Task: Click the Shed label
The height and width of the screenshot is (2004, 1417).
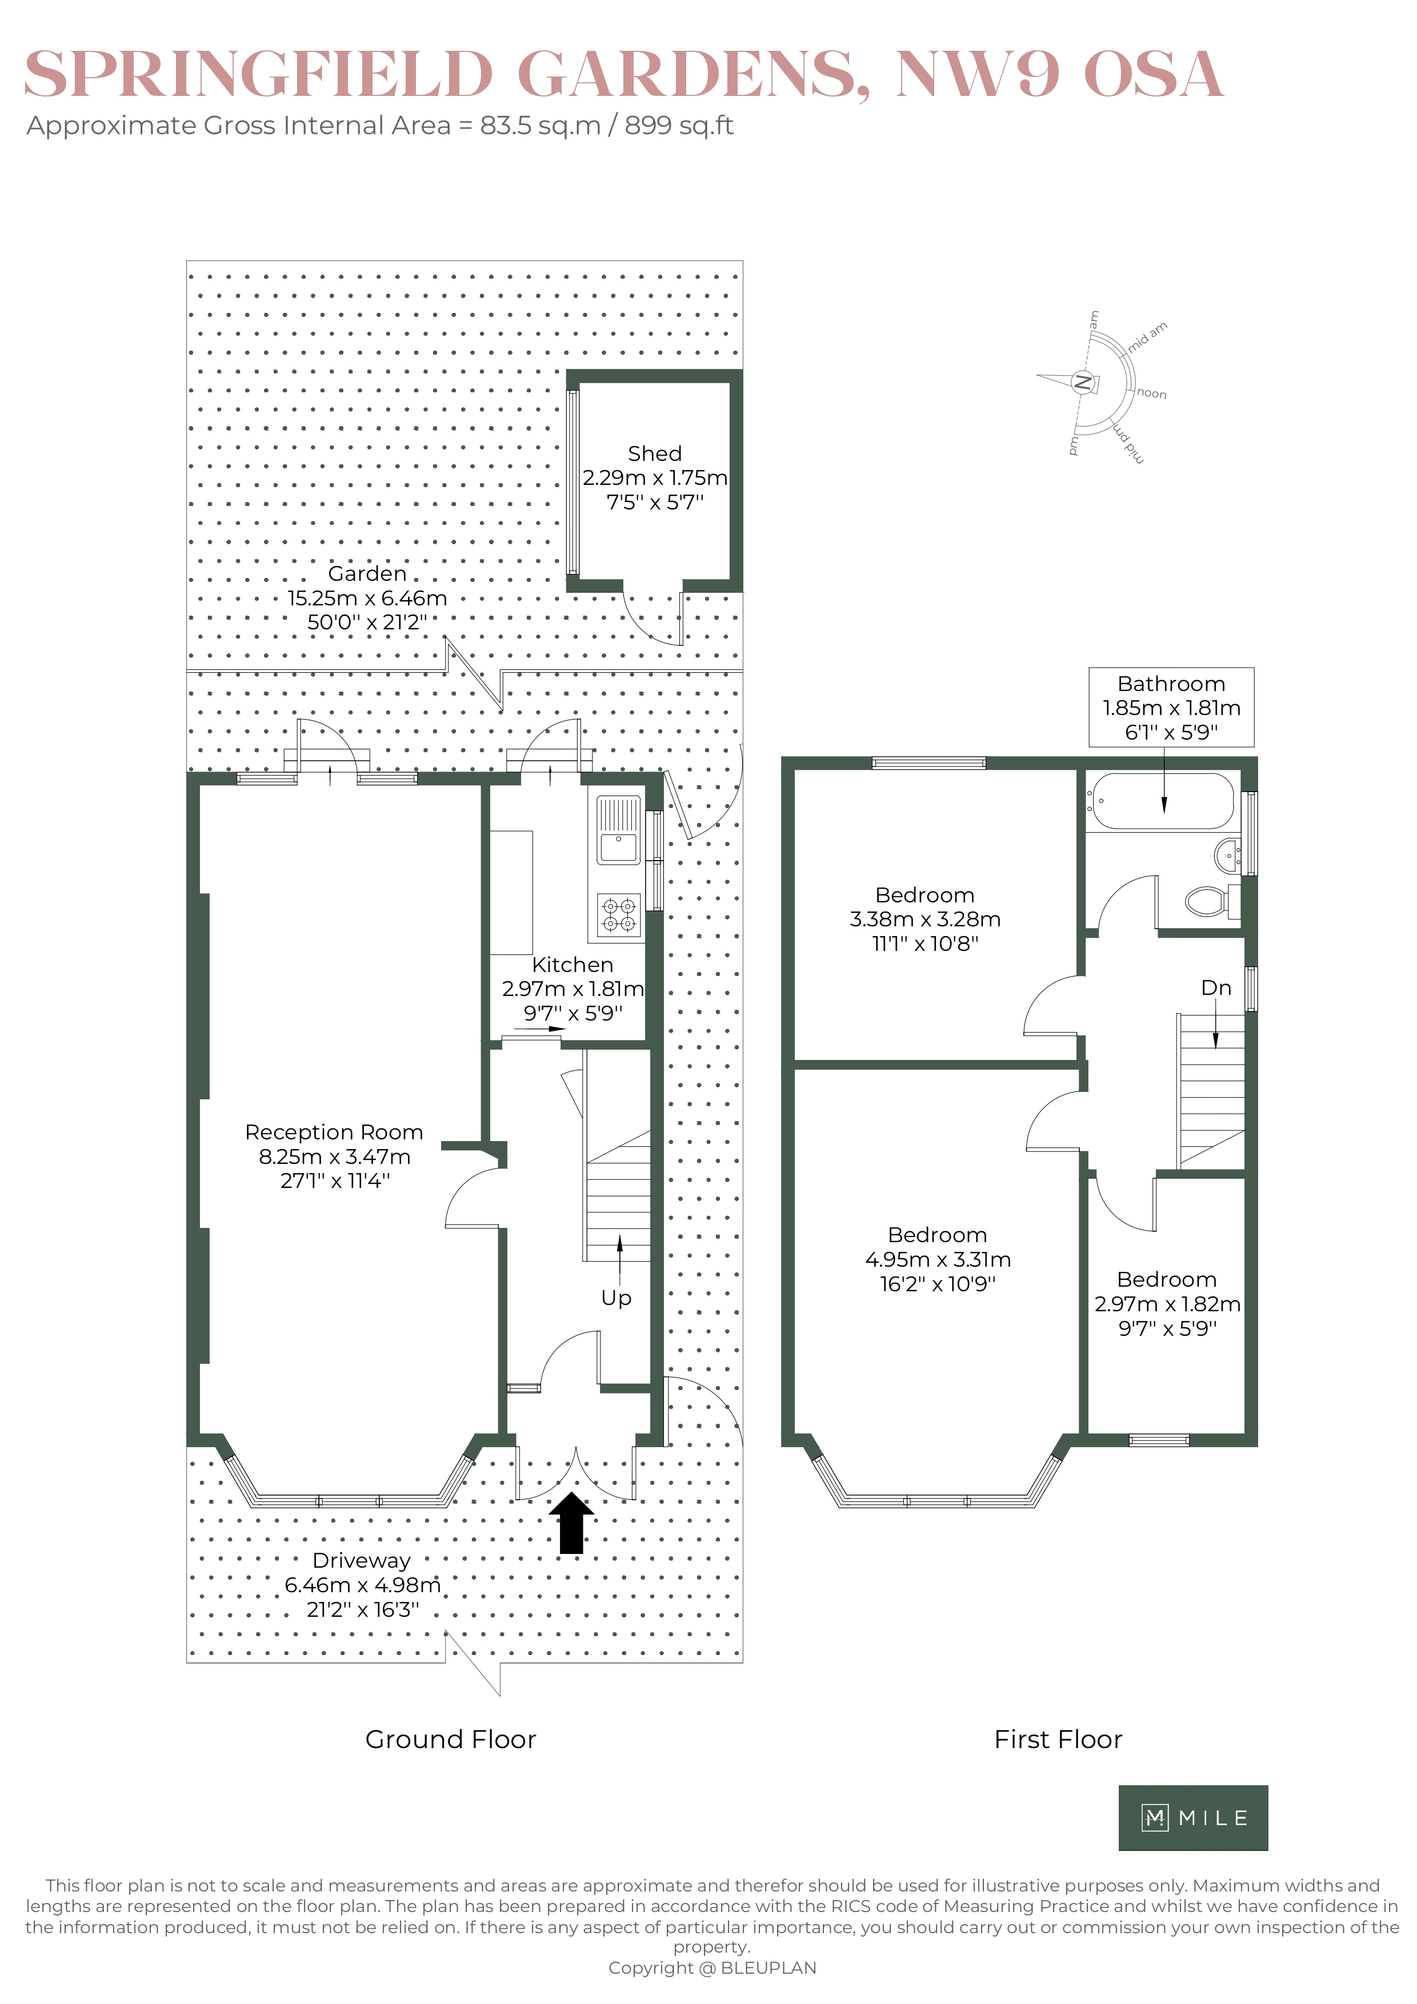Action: [x=655, y=454]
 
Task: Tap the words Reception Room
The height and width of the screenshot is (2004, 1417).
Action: [x=334, y=1132]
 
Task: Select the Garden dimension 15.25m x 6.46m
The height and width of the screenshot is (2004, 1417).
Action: [x=367, y=599]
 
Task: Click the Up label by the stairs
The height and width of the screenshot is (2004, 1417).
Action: [x=617, y=1299]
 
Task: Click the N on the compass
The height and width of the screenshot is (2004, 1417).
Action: [x=1083, y=382]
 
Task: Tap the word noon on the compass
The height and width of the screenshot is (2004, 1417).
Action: [x=1151, y=393]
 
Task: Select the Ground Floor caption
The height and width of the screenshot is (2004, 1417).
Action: [x=450, y=1740]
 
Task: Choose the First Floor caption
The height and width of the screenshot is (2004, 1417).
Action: [x=1058, y=1740]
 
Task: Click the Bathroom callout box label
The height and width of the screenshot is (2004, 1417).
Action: [x=1171, y=684]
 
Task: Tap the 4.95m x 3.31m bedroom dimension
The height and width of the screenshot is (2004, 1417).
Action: [x=938, y=1259]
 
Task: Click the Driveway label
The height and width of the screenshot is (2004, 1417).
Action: [x=362, y=1561]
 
